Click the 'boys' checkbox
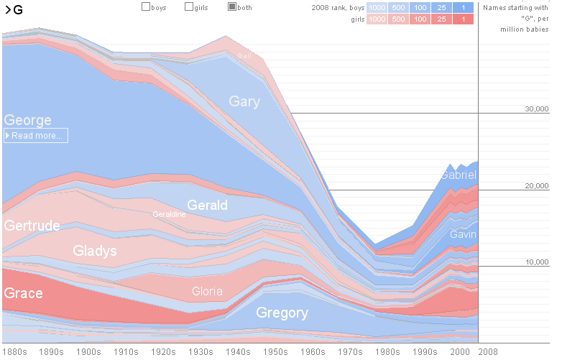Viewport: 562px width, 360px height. (x=146, y=7)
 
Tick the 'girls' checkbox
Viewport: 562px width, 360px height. (x=189, y=7)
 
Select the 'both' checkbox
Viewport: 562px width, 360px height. (x=232, y=7)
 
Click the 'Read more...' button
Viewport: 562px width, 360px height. (x=36, y=135)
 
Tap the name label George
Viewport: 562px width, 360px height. (x=27, y=120)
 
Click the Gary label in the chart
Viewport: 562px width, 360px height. (x=244, y=101)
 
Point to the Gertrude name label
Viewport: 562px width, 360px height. (x=32, y=226)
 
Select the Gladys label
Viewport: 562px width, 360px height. (x=95, y=251)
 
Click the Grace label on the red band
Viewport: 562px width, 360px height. (x=23, y=293)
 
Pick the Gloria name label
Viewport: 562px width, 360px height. (x=207, y=292)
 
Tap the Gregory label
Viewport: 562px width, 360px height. (x=282, y=313)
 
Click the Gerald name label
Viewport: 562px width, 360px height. (x=207, y=205)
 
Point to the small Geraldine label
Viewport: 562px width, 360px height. (x=169, y=214)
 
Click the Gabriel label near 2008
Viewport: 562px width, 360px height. (x=459, y=175)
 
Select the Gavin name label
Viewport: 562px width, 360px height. (x=463, y=234)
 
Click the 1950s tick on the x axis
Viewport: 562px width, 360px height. (x=275, y=352)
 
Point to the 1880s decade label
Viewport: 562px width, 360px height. (x=14, y=352)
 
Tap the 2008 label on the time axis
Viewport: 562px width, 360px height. (x=489, y=352)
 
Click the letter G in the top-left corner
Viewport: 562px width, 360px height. (x=18, y=9)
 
